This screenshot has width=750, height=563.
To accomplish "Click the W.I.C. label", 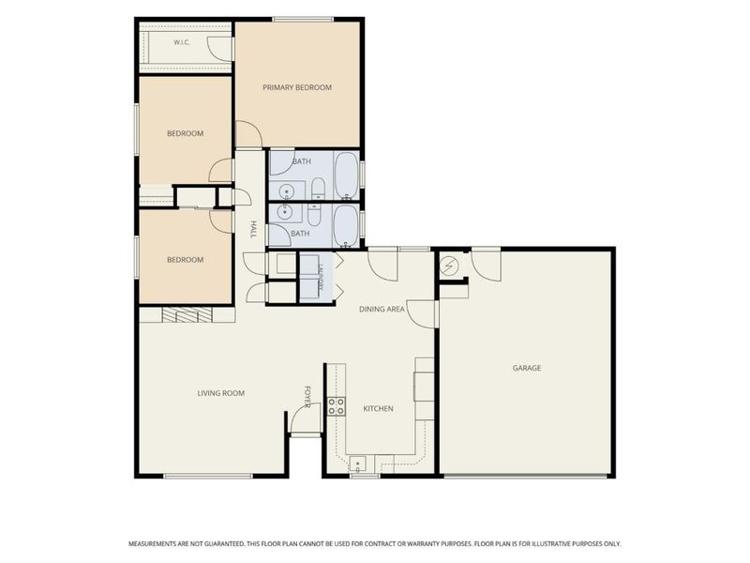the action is (x=182, y=42).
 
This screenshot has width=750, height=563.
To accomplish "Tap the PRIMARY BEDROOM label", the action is (x=297, y=87).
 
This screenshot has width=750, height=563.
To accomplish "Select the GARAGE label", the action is (x=527, y=368).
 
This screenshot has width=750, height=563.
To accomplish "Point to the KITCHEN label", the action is (x=378, y=408).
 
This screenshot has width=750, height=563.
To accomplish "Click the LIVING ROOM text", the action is (x=221, y=393).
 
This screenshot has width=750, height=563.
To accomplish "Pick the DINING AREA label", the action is (x=382, y=310).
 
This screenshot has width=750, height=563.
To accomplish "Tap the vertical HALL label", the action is (x=253, y=229).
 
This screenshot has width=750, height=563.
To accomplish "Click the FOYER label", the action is (x=307, y=396).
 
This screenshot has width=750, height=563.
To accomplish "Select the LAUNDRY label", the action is (x=321, y=278).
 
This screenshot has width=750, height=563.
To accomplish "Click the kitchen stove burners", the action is (x=336, y=406).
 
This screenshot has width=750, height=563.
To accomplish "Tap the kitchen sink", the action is (x=357, y=464).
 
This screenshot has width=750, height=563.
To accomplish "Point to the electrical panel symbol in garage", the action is (x=450, y=266).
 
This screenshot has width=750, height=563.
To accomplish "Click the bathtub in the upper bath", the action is (x=346, y=175).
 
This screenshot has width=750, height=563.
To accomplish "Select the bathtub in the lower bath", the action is (x=345, y=226).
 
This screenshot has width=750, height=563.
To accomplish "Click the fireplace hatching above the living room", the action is (x=187, y=314).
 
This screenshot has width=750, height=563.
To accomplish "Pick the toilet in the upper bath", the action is (x=319, y=189).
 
